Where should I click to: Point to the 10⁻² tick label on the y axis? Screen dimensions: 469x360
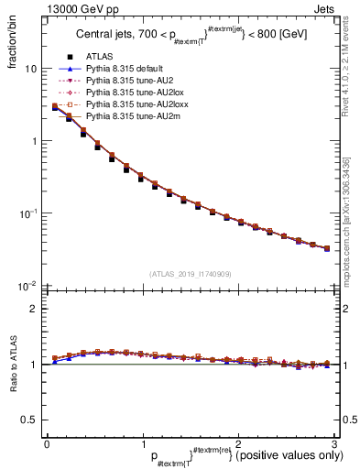point(27,286)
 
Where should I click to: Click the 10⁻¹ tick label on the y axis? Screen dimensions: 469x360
point(27,213)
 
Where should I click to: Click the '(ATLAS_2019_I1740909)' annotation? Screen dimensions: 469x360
point(190,274)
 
